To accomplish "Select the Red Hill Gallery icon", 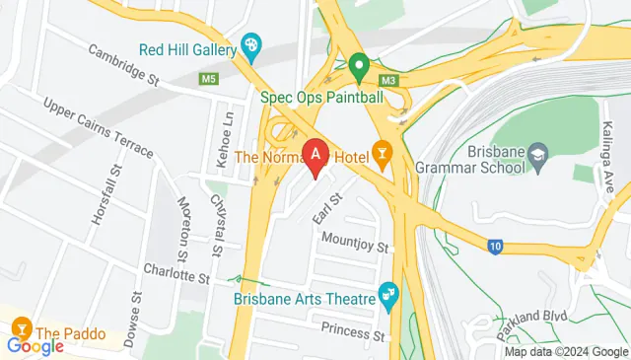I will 252,46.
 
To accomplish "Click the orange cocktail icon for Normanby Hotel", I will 382,154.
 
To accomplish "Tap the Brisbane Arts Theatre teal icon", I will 387,294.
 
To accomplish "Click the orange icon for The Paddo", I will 21,326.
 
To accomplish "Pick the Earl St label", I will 326,207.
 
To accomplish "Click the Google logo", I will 35,345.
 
